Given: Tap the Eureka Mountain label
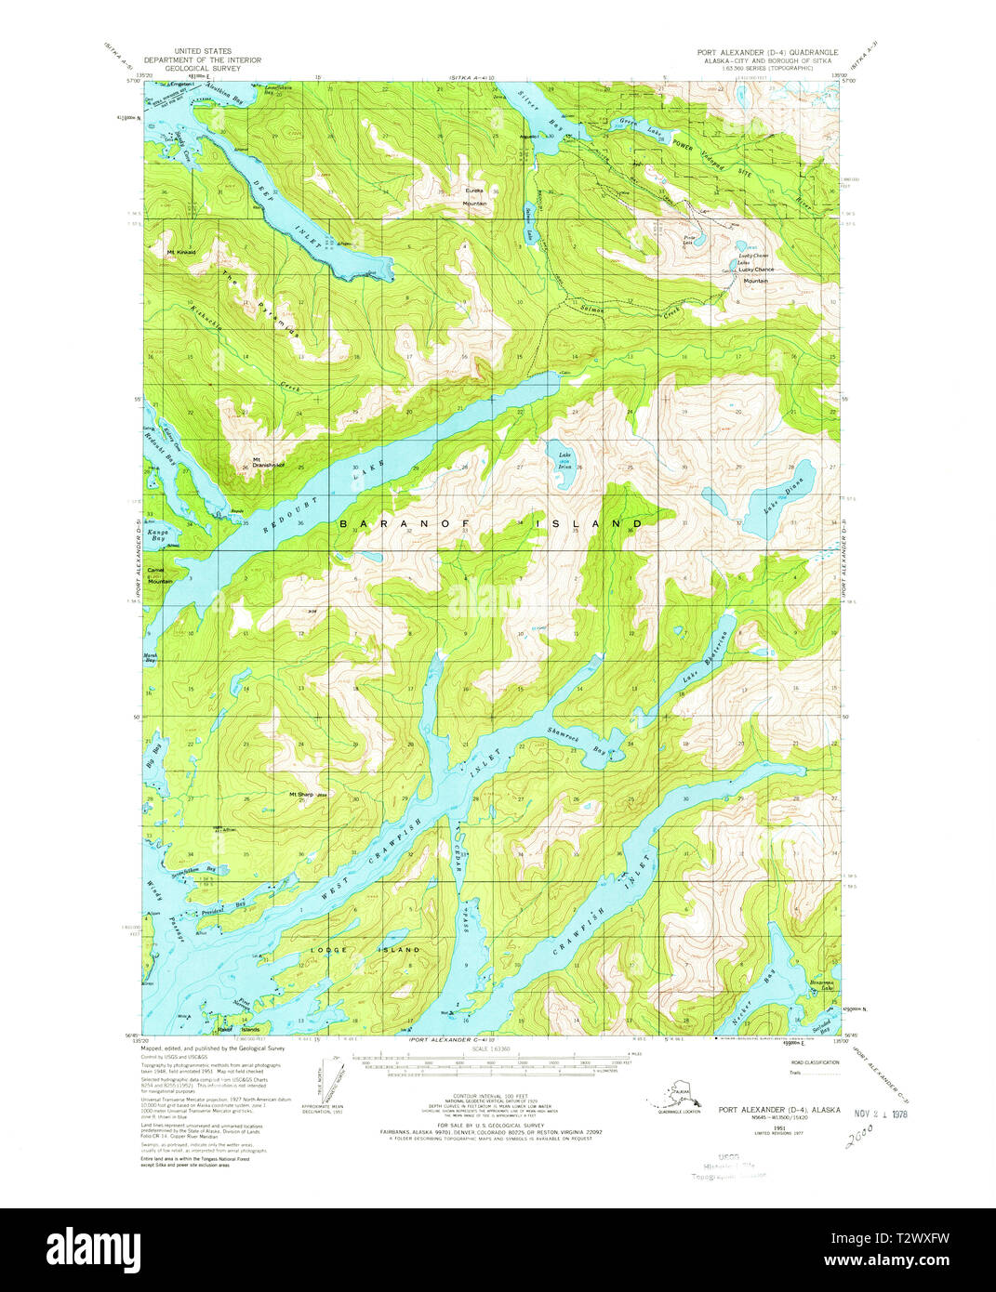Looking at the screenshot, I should tap(475, 196).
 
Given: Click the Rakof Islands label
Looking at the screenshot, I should tap(238, 1029).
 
